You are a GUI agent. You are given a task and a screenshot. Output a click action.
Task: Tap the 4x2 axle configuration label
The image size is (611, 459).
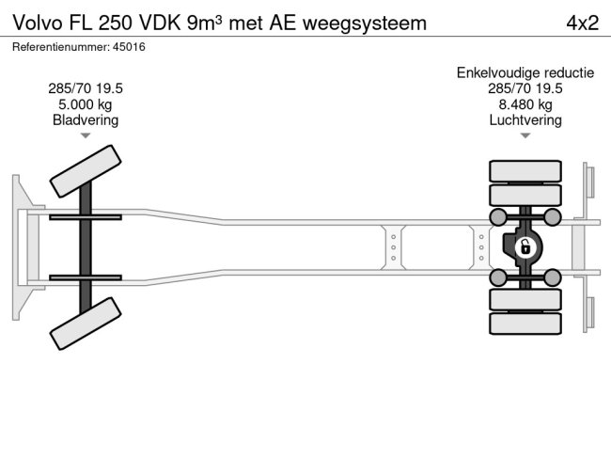(582, 22)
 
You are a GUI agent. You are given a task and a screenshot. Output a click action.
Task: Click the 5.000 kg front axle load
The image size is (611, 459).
(86, 104)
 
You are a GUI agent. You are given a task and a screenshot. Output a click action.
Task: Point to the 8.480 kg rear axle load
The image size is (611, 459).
(525, 104)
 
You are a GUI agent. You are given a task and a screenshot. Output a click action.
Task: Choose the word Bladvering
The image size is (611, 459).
(86, 120)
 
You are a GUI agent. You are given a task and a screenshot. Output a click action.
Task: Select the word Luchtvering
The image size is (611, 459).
(525, 120)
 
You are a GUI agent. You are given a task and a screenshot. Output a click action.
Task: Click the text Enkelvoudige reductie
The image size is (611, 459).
(525, 72)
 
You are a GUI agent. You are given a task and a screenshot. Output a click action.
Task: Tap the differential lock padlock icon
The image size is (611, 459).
(525, 248)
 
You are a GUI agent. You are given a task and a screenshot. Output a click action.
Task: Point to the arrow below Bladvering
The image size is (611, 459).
(86, 136)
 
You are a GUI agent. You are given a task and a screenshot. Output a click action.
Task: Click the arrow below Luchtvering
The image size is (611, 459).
(525, 136)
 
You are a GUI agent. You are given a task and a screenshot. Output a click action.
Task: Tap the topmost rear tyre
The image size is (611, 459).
(525, 170)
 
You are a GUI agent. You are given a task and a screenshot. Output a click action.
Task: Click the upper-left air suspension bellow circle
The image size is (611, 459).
(497, 218)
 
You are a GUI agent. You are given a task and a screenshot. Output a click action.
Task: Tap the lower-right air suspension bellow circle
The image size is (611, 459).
(553, 277)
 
